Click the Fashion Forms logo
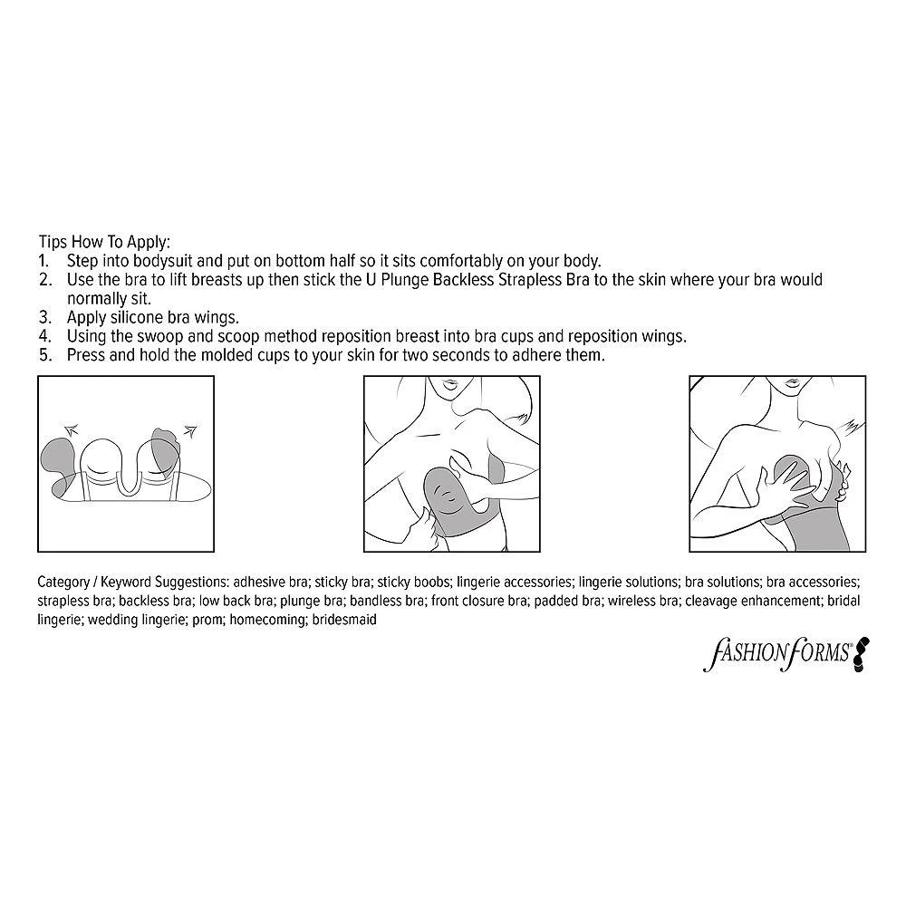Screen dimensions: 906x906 (786, 654)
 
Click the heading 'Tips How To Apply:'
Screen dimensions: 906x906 (104, 242)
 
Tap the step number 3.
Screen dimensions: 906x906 (45, 317)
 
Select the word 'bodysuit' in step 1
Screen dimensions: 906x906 (163, 261)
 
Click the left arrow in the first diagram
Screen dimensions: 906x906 (71, 429)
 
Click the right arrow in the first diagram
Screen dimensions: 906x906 (189, 429)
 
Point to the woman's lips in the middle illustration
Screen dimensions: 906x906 (449, 383)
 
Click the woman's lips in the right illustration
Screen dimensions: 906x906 (793, 383)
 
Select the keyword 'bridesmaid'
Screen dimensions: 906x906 (344, 620)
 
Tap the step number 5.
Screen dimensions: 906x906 (45, 355)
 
